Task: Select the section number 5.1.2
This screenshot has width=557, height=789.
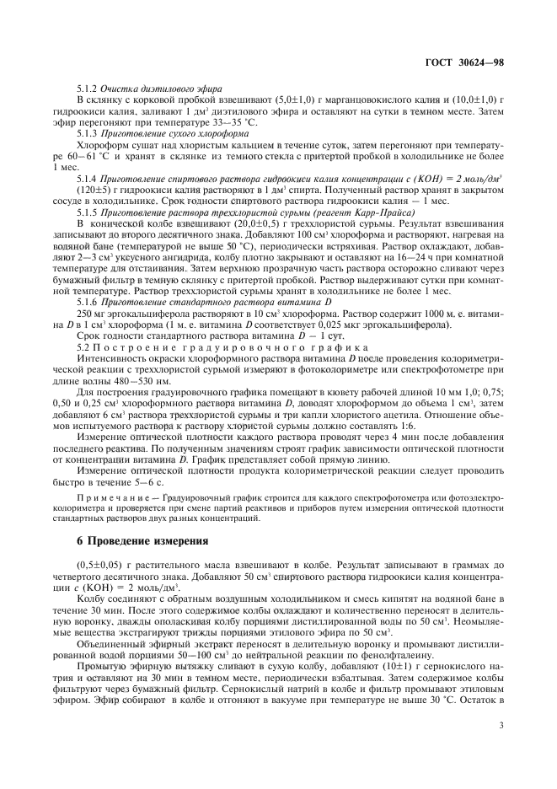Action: point(88,89)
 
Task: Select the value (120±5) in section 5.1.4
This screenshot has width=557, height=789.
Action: point(92,191)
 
